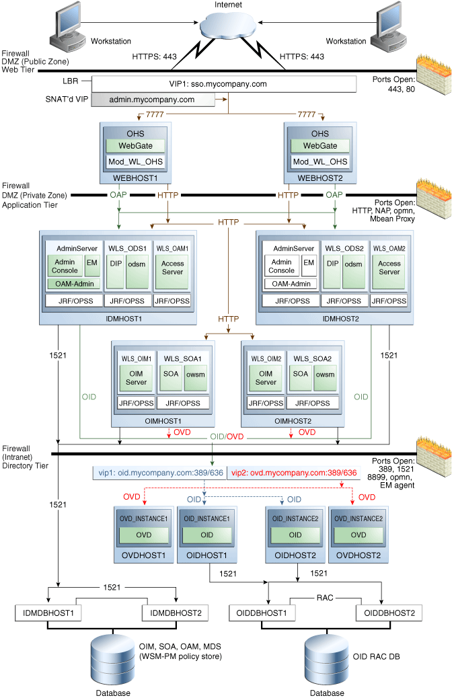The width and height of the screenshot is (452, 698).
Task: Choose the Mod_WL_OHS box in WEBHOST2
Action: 320,161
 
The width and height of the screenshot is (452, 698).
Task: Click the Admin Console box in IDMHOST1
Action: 65,266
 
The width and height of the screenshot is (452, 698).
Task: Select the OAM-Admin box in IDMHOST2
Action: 291,284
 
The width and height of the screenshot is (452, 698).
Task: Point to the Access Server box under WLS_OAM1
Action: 173,268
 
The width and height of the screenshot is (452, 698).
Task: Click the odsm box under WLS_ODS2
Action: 354,264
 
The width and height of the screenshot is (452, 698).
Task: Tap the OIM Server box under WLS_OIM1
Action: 136,378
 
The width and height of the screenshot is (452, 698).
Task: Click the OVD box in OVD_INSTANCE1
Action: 143,535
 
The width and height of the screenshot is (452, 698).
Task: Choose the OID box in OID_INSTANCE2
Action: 295,535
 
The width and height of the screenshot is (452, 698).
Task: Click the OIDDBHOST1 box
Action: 261,613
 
